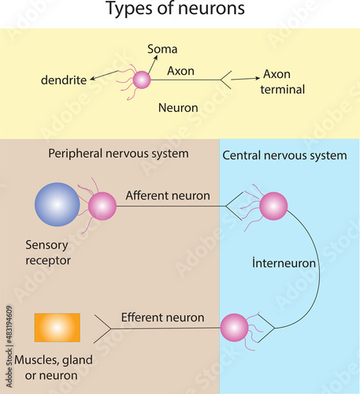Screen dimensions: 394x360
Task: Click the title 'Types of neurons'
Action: [x=175, y=10]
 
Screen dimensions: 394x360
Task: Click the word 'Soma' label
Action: [x=162, y=50]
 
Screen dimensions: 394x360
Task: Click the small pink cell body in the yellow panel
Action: [x=142, y=80]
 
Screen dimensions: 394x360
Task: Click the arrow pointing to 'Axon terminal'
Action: [x=245, y=79]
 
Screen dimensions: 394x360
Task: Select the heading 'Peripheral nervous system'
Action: [x=118, y=153]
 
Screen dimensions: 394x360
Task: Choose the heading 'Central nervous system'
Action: [x=284, y=155]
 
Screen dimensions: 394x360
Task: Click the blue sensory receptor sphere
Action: [x=58, y=205]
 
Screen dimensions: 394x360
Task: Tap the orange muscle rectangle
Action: [x=58, y=327]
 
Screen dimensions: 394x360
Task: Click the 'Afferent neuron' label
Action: [x=168, y=195]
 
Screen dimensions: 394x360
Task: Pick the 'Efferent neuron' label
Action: [x=163, y=318]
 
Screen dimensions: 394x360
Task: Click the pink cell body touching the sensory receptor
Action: [x=102, y=206]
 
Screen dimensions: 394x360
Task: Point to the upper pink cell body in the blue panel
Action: [x=273, y=206]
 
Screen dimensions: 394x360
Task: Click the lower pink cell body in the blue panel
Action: [x=235, y=327]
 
